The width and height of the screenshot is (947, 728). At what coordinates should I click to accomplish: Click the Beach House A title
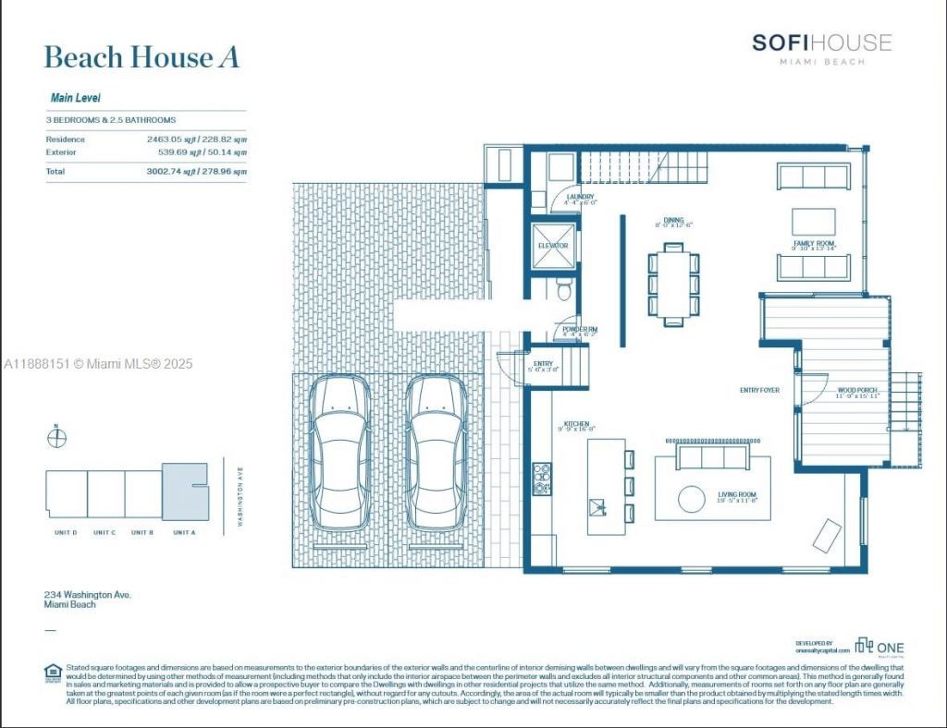(141, 57)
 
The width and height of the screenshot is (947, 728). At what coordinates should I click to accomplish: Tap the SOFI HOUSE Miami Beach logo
(821, 48)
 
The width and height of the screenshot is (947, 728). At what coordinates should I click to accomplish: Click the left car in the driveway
(340, 453)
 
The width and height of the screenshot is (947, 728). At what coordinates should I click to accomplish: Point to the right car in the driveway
(437, 453)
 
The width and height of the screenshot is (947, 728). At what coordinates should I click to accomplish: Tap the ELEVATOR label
(553, 246)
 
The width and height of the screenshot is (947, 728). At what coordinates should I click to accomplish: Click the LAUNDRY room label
(581, 197)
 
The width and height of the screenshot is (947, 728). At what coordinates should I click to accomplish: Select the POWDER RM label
(581, 329)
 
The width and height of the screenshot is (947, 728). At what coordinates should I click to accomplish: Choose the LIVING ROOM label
(737, 495)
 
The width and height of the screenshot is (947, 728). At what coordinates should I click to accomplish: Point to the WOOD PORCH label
(856, 391)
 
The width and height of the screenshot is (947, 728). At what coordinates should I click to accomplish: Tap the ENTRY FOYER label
(759, 391)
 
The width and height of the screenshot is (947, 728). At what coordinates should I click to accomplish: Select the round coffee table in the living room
(692, 499)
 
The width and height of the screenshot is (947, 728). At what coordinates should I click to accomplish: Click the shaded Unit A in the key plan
(184, 493)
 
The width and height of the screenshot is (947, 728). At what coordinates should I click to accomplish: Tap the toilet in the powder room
(563, 291)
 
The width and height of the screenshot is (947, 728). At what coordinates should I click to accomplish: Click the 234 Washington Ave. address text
(88, 595)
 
